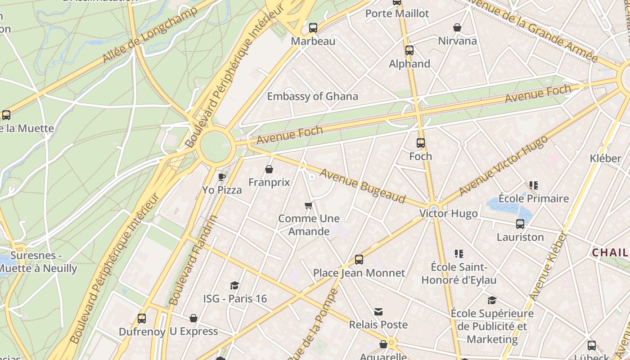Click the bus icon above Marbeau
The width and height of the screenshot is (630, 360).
[x=313, y=28]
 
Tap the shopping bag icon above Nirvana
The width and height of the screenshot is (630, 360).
[x=457, y=28]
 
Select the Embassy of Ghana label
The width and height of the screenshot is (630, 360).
[x=312, y=96]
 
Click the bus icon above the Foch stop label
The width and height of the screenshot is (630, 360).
[x=421, y=143]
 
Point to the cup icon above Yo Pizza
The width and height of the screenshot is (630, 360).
[x=221, y=177]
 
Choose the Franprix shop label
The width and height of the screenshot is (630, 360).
[x=269, y=183]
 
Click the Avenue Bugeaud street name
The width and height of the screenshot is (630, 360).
[x=362, y=186]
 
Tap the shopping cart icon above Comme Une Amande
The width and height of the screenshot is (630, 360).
[x=308, y=206]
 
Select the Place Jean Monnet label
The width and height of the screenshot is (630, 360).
[x=359, y=273]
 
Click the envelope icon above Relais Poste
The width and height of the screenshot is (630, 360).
[x=378, y=312]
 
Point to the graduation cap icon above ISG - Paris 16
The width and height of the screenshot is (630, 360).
[x=234, y=285]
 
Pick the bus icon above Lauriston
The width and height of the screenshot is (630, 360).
[x=520, y=224]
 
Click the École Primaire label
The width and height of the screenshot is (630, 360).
[x=534, y=198]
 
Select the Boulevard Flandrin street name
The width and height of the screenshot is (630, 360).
[x=193, y=260]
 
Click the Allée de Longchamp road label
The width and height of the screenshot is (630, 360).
[x=150, y=35]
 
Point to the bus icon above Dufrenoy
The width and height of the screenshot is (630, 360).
[x=142, y=319]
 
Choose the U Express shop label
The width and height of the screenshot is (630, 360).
[x=193, y=332]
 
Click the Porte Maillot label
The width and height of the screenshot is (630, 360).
[x=397, y=13]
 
